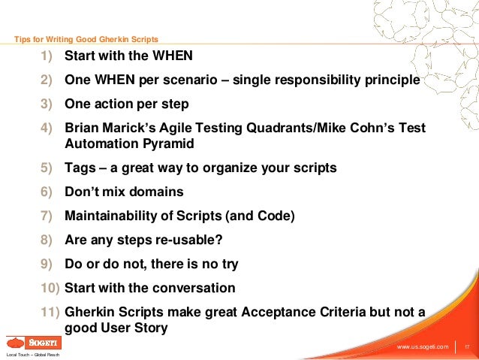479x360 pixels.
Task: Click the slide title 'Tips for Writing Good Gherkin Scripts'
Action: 86,39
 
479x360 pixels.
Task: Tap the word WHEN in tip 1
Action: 172,56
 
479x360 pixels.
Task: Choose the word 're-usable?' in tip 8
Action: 191,241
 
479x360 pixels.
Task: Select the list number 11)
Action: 50,313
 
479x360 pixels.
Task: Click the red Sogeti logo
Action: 33,342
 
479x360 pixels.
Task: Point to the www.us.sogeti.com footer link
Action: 422,346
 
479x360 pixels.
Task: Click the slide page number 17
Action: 466,346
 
